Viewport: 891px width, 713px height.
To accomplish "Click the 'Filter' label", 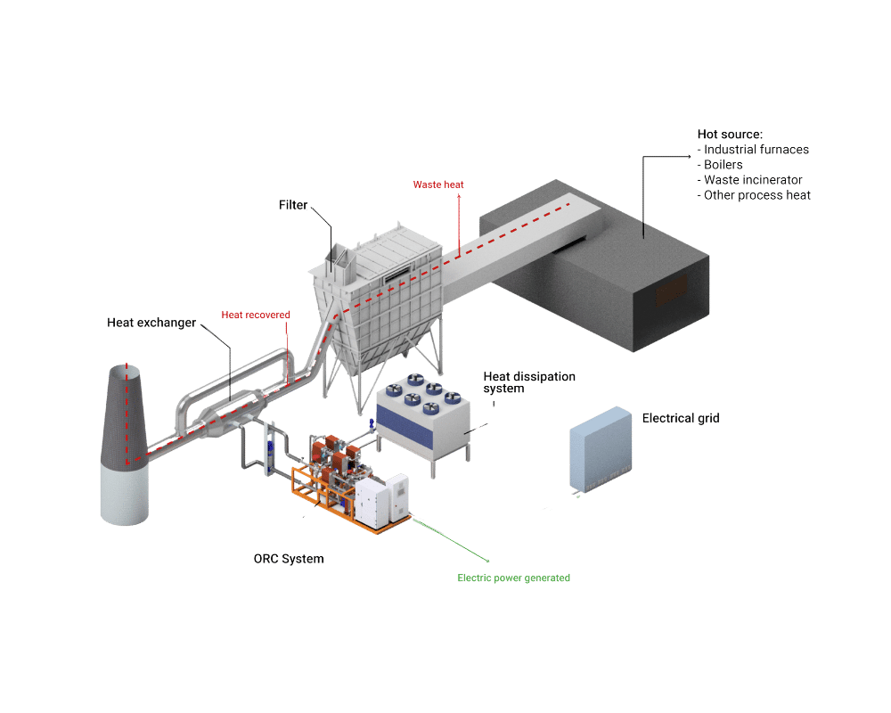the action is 292,205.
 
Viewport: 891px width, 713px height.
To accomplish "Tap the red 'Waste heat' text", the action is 438,184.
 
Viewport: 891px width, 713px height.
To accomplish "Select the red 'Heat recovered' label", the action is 256,315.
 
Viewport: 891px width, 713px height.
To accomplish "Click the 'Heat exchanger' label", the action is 151,323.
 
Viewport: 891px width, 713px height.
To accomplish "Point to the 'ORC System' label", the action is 289,559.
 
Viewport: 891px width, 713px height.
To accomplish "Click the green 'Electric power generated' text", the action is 514,578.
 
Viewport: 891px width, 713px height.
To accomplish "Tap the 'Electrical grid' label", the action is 681,419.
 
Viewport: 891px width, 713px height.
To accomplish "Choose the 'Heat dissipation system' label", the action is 529,382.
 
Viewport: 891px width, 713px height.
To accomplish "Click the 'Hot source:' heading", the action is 731,135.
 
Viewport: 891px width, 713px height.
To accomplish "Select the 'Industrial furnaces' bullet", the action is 753,150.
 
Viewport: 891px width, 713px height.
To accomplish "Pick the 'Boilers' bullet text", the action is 720,165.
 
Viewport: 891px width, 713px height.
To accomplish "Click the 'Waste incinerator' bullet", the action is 750,180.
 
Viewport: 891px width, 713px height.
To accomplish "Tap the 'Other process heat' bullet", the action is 754,195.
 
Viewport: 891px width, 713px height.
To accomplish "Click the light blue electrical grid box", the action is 601,449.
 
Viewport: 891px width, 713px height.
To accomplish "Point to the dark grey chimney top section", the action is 125,415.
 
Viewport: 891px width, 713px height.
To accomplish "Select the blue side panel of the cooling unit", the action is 405,423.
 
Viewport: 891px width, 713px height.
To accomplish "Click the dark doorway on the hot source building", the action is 672,290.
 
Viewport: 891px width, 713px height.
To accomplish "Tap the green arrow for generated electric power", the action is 451,539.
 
